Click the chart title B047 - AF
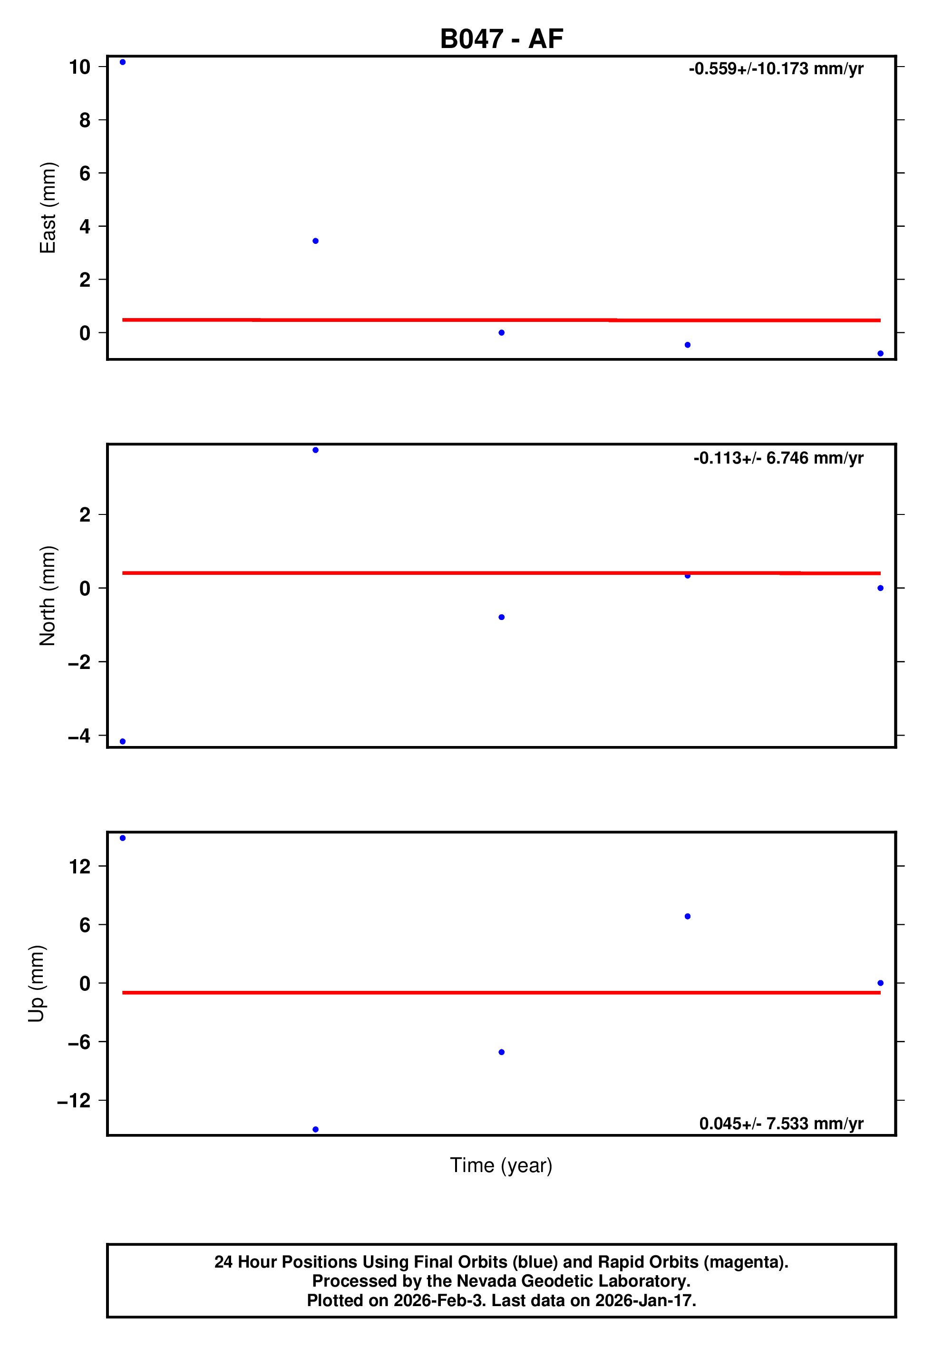point(501,39)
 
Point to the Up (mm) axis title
point(36,984)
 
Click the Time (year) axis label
point(501,1165)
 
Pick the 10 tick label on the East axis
point(79,67)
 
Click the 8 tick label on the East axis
point(85,120)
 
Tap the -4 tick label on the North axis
point(79,736)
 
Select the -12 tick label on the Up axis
point(74,1101)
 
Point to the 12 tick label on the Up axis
point(79,867)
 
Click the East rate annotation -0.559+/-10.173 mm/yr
point(776,69)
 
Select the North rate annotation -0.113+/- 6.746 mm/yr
point(778,458)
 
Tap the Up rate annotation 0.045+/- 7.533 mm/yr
point(781,1124)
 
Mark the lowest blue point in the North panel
point(123,742)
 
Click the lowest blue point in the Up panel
point(316,1130)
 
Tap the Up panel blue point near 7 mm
point(688,916)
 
